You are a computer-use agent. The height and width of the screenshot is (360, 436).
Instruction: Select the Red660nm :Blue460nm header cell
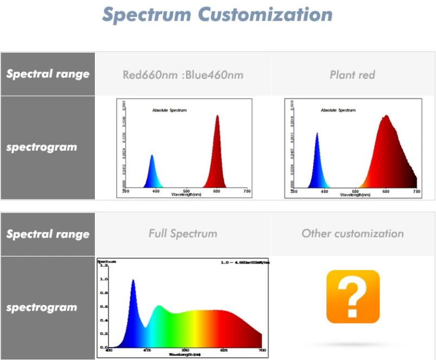click(x=183, y=74)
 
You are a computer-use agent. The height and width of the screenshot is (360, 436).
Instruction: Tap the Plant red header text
click(x=352, y=74)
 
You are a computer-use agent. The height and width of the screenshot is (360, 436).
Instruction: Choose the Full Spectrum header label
click(x=183, y=234)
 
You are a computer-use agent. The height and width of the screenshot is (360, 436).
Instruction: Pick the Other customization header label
click(x=352, y=234)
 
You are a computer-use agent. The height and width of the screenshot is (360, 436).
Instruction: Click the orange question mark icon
click(x=352, y=297)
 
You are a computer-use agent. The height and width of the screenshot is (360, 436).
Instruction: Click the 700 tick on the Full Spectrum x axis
click(x=263, y=351)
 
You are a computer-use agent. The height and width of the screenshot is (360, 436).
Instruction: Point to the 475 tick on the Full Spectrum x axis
click(x=147, y=351)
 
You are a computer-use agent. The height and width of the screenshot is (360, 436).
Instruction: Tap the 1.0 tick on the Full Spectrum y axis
click(x=103, y=279)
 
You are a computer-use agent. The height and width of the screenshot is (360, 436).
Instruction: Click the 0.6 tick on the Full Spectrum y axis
click(x=103, y=306)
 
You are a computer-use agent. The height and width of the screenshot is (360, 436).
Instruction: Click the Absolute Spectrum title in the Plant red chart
click(x=338, y=110)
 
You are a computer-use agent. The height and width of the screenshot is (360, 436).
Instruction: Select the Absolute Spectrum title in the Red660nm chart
click(x=169, y=110)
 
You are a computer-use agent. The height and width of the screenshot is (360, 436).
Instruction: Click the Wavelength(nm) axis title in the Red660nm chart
click(x=186, y=194)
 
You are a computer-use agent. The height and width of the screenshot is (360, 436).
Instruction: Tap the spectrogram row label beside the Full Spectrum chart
click(x=42, y=307)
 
